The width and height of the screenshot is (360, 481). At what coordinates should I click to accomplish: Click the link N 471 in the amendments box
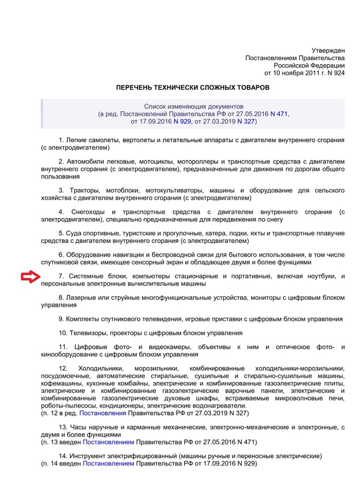point(279,114)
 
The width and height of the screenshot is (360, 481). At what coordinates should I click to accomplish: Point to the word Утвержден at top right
point(329,50)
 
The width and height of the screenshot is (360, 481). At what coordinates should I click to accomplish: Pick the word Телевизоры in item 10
point(87,333)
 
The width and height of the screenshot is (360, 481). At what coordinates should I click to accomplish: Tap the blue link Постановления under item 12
point(103,413)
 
